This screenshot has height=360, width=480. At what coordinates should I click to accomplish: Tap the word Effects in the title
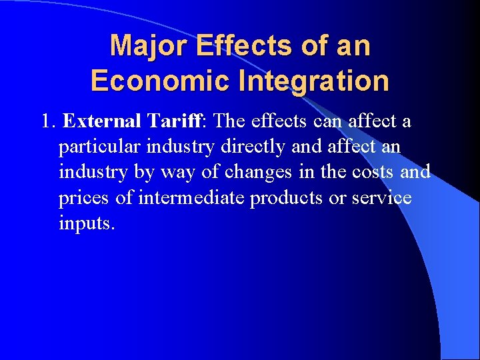point(228,46)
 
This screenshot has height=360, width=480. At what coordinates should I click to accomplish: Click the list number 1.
point(47,122)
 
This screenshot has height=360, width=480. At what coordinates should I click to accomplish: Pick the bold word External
point(101,122)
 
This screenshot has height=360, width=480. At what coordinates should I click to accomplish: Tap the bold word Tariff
point(173,122)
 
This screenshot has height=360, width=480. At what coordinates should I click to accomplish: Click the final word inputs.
point(87,223)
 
